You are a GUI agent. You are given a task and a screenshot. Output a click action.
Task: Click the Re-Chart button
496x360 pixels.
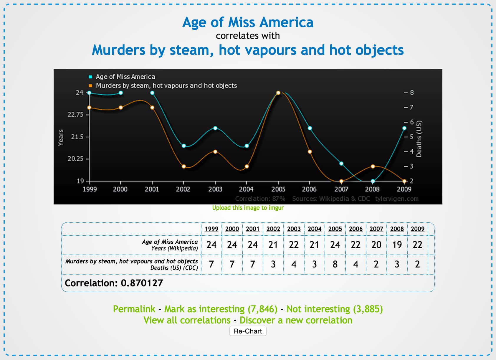click(x=248, y=331)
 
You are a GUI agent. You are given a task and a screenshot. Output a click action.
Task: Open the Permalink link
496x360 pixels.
click(x=134, y=309)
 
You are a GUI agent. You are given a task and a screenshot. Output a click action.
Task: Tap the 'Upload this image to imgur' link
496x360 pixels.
click(x=248, y=208)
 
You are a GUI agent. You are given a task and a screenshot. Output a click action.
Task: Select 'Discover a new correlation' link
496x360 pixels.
click(x=296, y=320)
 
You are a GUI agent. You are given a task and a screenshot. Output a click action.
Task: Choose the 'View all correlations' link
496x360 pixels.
click(x=187, y=320)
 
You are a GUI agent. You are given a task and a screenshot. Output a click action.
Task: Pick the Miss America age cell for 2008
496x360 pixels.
click(x=397, y=245)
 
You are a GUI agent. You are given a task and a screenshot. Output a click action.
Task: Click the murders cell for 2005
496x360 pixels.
click(x=335, y=264)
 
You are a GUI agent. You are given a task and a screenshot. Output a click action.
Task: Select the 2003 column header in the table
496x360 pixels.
click(x=294, y=229)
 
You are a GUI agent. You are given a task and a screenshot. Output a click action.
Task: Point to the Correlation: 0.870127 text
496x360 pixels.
click(x=114, y=283)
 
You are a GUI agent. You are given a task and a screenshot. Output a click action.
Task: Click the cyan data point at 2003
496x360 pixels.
click(x=215, y=128)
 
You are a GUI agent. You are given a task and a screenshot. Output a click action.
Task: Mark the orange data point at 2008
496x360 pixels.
click(x=373, y=166)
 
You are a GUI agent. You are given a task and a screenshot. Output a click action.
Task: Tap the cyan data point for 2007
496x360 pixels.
click(x=341, y=164)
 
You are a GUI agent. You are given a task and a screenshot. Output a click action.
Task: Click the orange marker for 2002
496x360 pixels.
click(x=183, y=166)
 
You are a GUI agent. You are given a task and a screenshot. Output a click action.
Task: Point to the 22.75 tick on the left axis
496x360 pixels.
click(x=75, y=115)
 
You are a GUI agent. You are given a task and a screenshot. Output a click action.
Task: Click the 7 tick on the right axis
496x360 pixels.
click(x=411, y=108)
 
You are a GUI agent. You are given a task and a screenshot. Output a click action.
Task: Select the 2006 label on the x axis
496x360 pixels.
click(x=309, y=189)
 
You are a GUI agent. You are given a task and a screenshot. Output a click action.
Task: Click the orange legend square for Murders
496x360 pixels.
click(x=90, y=86)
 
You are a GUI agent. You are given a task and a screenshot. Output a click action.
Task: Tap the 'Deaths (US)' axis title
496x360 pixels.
click(x=419, y=139)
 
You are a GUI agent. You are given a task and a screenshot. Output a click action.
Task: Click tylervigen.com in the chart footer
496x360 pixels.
click(x=397, y=199)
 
